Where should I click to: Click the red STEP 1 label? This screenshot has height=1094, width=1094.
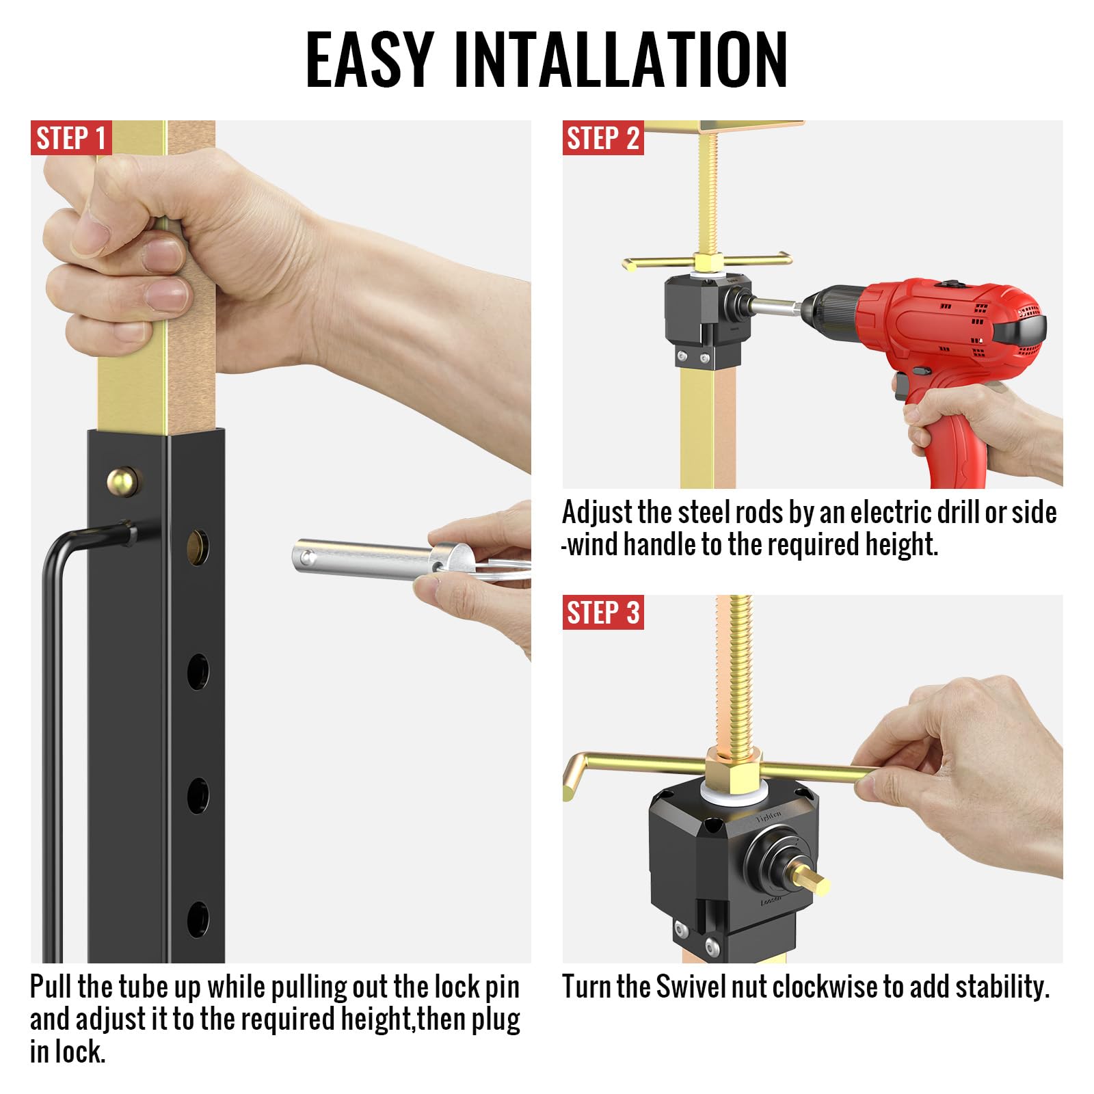71,138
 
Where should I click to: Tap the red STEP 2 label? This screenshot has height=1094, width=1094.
602,138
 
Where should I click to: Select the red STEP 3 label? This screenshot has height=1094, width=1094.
602,612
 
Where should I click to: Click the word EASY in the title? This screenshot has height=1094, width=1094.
369,60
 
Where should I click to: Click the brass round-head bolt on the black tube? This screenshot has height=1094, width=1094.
122,481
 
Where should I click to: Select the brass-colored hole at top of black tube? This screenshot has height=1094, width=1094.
198,546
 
